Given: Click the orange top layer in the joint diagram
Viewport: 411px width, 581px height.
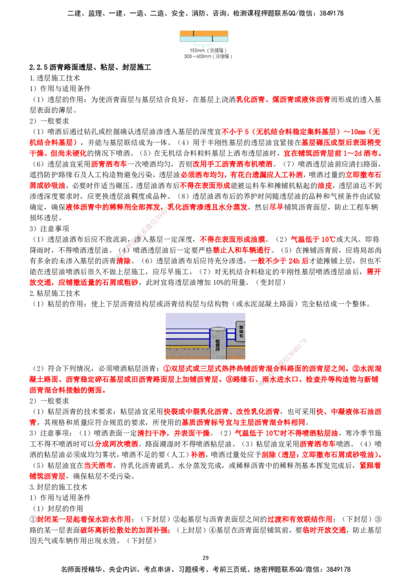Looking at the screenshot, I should coord(203,34).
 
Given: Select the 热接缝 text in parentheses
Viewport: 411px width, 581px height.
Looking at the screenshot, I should coord(216,51).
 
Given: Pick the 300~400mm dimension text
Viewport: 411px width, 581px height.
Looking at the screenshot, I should coord(196,56).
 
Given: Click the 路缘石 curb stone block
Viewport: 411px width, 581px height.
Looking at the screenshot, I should coord(240,332).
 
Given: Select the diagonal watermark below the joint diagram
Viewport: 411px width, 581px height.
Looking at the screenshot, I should coord(144,228).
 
